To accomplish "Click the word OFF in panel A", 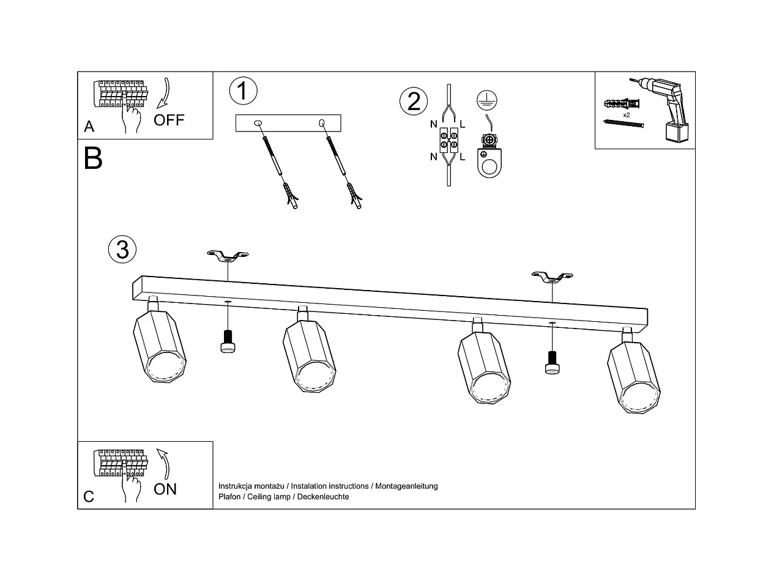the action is pos(169,121).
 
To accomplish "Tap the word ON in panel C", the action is pos(165,489).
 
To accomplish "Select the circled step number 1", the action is pos(243,91).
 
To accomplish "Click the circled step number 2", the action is pos(414,101).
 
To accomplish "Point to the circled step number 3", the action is pos(122,249).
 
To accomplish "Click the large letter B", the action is pos(93,158).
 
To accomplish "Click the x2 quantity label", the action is pos(627,115).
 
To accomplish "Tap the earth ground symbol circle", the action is pos(487,100).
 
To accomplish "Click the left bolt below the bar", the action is pos(228,341).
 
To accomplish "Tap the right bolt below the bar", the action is pos(553,362).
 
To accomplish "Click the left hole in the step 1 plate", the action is pos(258,123).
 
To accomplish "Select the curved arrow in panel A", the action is pos(163,93).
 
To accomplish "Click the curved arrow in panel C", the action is pos(163,464).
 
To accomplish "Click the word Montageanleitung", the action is pos(406,486).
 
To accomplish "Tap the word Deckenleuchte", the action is pos(323,497).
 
